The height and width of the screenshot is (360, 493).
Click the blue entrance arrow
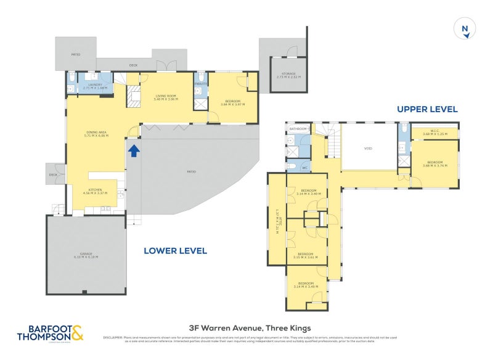[133, 149]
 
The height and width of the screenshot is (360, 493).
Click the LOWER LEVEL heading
[175, 251]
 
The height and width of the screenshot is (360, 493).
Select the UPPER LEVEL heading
[427, 109]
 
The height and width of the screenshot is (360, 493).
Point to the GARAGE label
[86, 253]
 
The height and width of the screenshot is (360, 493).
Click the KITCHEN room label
[95, 189]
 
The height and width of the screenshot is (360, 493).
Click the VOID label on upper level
[368, 148]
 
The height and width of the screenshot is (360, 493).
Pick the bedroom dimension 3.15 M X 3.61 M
[308, 257]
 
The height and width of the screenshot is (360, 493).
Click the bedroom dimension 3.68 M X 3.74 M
[434, 165]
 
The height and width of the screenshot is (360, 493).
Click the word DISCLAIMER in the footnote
[113, 338]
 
